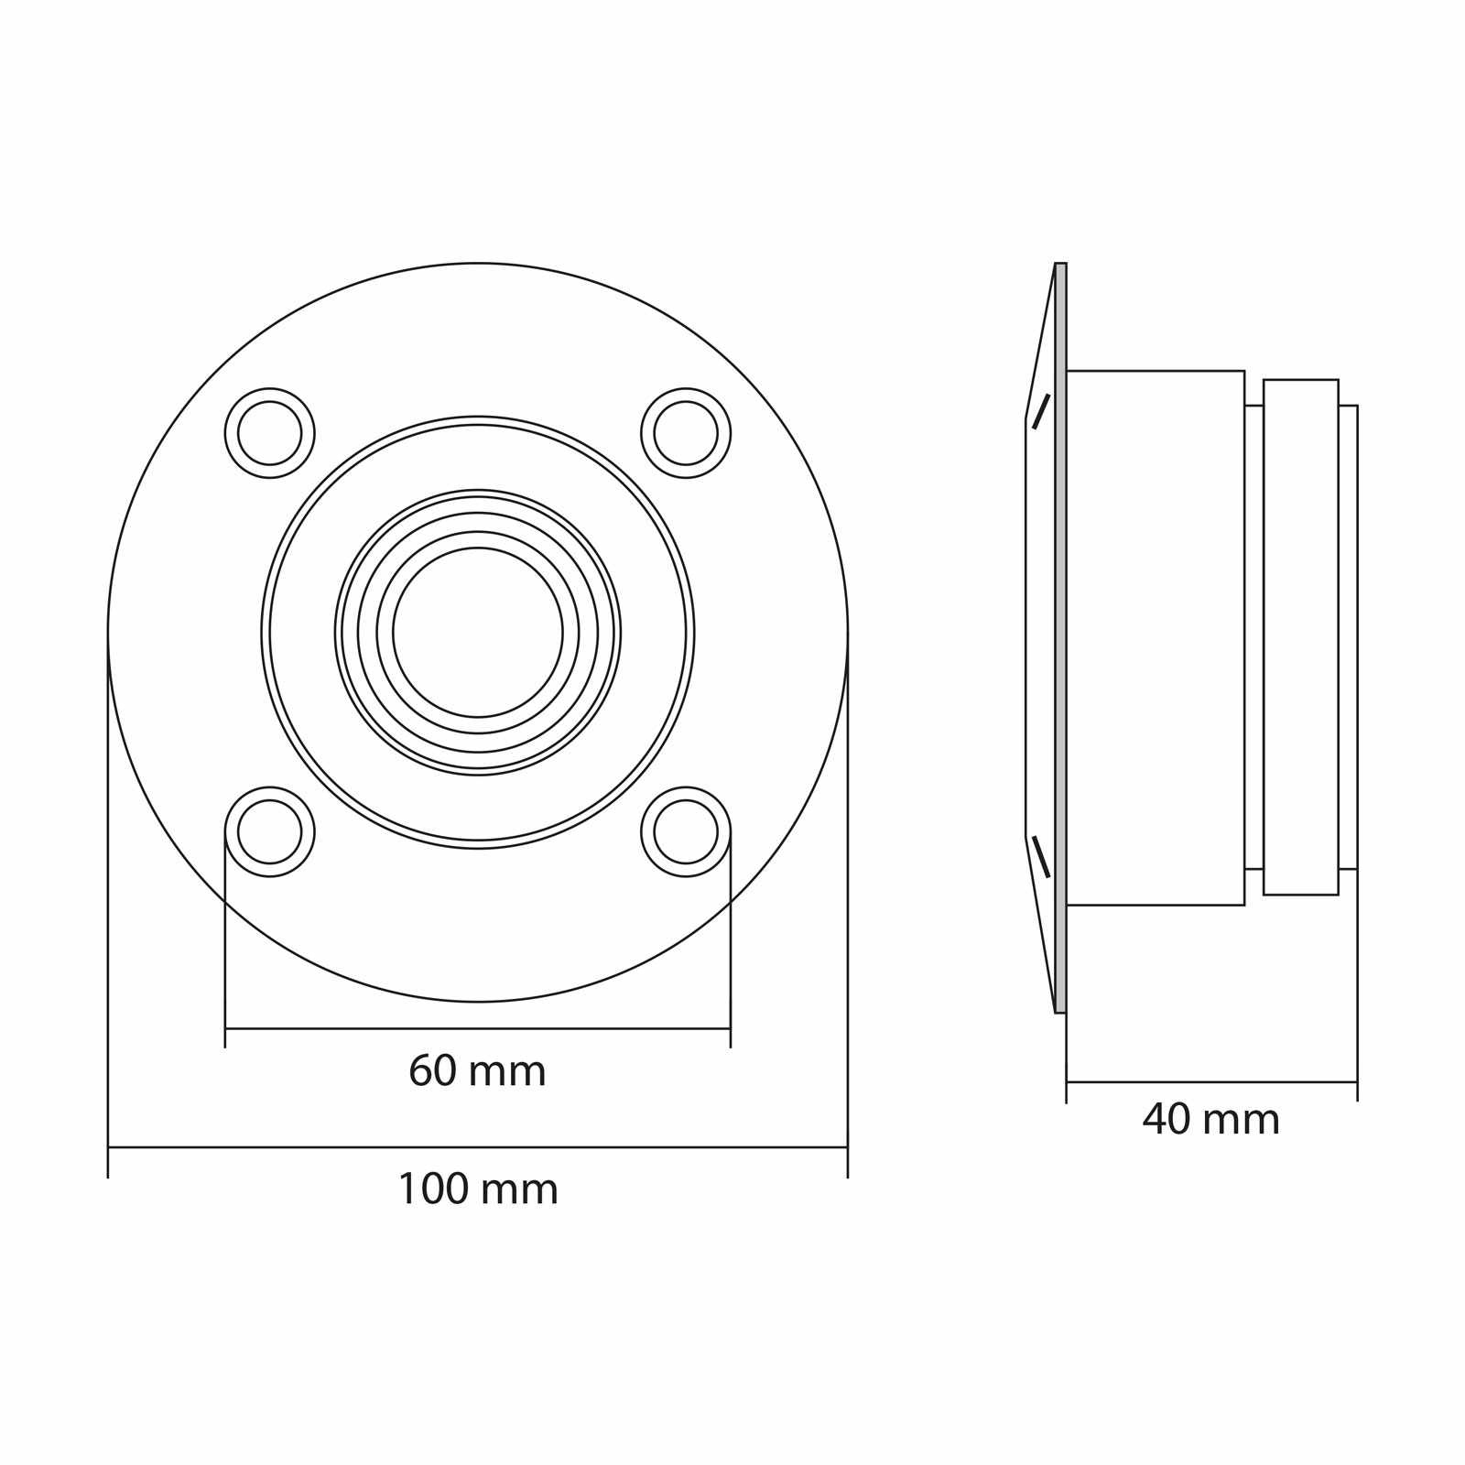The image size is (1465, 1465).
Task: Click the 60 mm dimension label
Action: (477, 1071)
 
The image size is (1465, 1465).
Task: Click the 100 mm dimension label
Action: (477, 1189)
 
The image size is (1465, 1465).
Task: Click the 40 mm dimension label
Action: (1210, 1120)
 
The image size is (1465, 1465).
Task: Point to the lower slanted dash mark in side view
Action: (1041, 856)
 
